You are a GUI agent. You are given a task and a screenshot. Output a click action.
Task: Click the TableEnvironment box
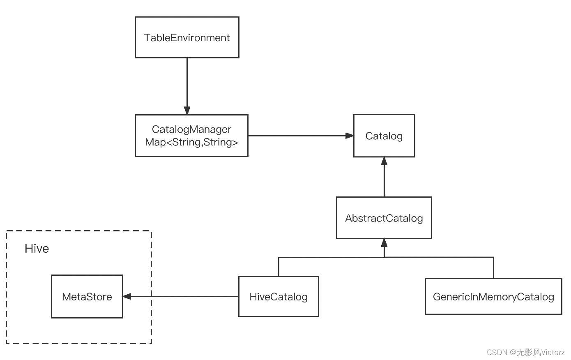(x=187, y=37)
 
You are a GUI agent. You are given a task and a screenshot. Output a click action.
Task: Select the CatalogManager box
(x=191, y=130)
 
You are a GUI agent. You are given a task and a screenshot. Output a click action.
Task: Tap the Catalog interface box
(x=384, y=136)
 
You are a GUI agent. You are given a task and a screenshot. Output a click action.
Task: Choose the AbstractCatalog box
(x=384, y=218)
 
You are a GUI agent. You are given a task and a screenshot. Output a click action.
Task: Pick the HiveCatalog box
(x=279, y=297)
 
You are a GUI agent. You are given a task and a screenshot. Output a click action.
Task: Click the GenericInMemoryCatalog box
(x=493, y=297)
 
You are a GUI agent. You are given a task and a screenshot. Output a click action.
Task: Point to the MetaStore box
(x=87, y=297)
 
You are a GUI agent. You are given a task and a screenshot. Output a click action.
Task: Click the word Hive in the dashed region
(x=37, y=249)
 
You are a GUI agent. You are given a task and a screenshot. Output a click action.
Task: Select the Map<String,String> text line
(x=191, y=142)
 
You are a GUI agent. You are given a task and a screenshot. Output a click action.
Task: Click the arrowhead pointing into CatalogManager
(x=187, y=111)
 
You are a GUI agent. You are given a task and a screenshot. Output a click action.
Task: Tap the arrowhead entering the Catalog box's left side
(x=350, y=136)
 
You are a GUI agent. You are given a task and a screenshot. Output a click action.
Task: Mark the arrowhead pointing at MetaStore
(x=127, y=296)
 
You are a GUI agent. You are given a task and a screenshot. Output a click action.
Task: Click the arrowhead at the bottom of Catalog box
(x=384, y=161)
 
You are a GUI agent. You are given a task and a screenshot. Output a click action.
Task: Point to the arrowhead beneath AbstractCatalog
(x=384, y=242)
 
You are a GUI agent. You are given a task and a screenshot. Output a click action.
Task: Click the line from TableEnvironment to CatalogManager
(x=187, y=82)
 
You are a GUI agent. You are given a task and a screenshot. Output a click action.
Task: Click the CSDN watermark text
(x=525, y=352)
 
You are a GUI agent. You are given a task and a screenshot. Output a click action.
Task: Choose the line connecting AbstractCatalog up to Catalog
(x=384, y=181)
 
